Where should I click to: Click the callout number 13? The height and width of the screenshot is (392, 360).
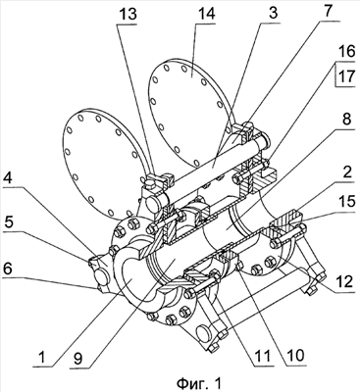[128, 15]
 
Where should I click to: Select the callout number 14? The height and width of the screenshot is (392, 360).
[207, 15]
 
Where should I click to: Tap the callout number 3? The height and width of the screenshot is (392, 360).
[273, 13]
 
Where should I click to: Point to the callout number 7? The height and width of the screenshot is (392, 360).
[328, 13]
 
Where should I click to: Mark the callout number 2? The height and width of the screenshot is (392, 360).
[346, 172]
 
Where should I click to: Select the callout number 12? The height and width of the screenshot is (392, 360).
[343, 281]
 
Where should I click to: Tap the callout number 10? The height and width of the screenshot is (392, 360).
[294, 354]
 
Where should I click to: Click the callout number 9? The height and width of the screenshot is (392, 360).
[77, 358]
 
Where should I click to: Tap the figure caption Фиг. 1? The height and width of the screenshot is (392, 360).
[199, 382]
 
